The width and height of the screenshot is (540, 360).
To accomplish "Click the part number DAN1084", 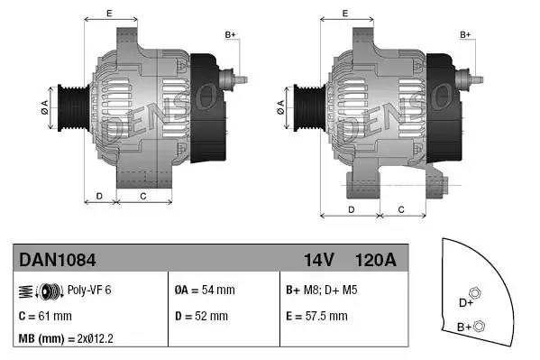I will [x=58, y=260].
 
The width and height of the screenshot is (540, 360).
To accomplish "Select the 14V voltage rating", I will [x=319, y=260].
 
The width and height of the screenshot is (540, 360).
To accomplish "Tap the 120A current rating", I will [x=377, y=260].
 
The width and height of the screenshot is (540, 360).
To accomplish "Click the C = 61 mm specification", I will [x=45, y=317].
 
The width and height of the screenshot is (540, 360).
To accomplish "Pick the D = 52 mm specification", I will [x=201, y=317].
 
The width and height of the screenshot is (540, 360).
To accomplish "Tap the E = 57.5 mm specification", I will [x=316, y=317].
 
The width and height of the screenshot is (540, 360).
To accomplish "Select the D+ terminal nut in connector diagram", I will [x=475, y=295].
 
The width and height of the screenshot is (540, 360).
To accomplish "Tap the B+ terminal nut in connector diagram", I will [x=480, y=326].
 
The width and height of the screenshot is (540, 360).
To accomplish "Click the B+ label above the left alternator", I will [x=230, y=34].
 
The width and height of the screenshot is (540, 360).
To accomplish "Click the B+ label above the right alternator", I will [x=466, y=34].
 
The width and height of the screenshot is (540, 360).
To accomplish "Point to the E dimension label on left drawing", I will [x=109, y=13].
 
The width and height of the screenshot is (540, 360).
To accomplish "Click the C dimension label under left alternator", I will [x=143, y=196].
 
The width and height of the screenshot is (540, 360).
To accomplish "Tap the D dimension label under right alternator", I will [x=350, y=209].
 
